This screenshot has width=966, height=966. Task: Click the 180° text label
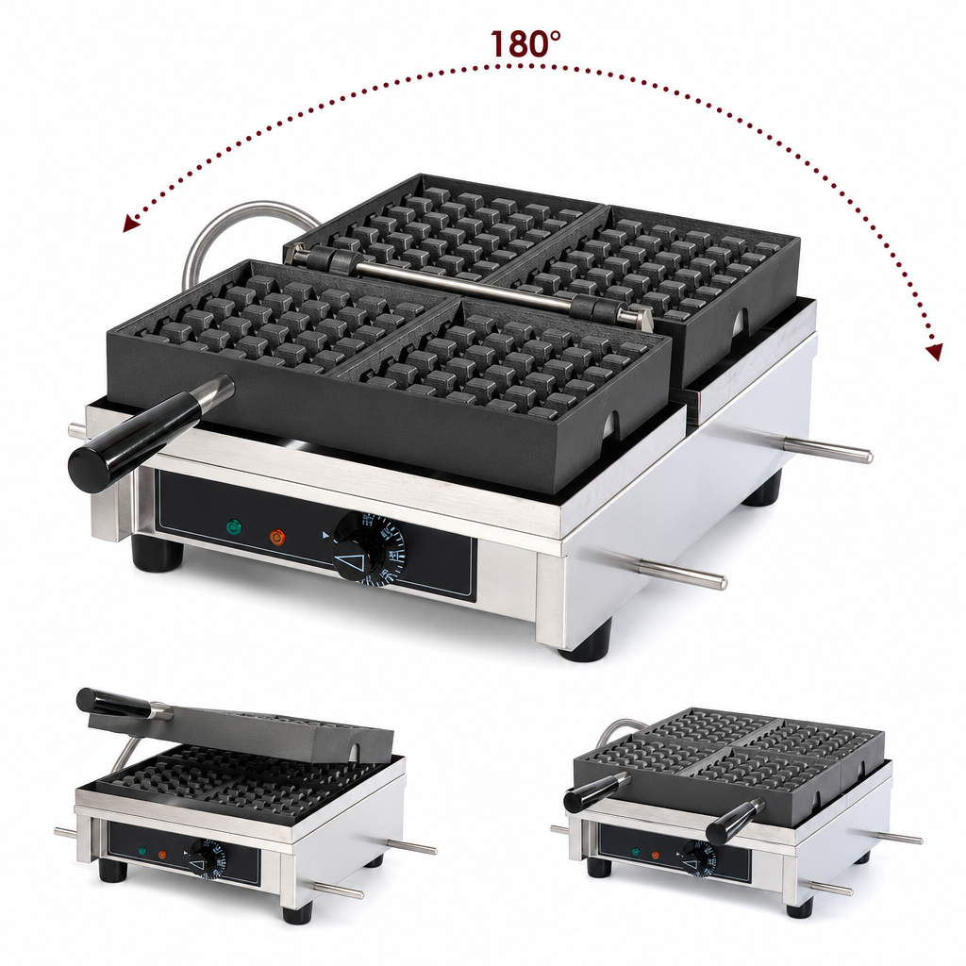click(525, 43)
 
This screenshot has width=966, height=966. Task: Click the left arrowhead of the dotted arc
click(130, 224)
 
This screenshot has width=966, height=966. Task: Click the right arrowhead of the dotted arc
click(935, 351)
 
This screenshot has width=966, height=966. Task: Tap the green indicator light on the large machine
click(234, 527)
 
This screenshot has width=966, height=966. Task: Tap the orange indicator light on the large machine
click(278, 537)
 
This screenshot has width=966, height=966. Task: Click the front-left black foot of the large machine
click(158, 553)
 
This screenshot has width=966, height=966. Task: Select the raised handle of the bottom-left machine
click(117, 704)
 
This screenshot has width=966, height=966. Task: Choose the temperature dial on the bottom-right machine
click(697, 857)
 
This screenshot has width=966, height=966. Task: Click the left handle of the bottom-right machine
click(596, 791)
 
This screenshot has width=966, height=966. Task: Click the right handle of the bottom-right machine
click(736, 821)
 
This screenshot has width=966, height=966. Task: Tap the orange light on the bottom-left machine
click(162, 855)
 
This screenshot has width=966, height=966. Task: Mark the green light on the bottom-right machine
click(636, 852)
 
